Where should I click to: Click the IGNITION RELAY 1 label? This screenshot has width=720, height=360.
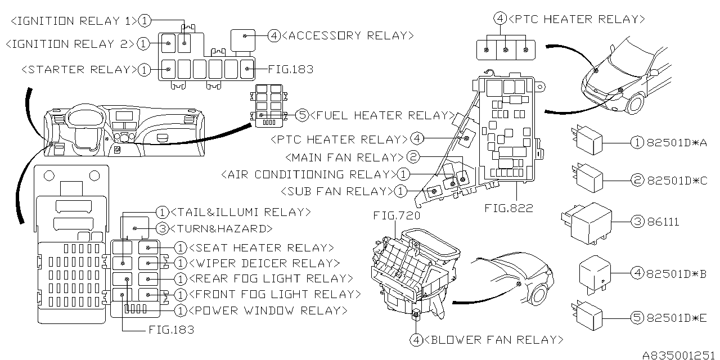click(74, 21)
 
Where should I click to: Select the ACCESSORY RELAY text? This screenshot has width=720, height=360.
click(348, 36)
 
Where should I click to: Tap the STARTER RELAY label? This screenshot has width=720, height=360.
click(78, 70)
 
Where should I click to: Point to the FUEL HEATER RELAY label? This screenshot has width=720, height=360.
click(382, 115)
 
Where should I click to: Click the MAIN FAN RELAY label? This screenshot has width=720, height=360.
click(345, 157)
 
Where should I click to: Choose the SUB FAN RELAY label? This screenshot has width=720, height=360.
click(336, 191)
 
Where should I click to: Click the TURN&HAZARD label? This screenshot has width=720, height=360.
click(222, 228)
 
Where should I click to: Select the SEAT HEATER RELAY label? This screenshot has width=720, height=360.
click(262, 247)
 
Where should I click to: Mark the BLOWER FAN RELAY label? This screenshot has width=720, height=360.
click(493, 340)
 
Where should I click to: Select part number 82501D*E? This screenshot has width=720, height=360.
click(677, 318)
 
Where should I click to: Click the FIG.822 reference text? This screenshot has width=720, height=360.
click(508, 208)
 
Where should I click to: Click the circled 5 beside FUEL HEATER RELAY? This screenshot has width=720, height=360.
click(302, 115)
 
